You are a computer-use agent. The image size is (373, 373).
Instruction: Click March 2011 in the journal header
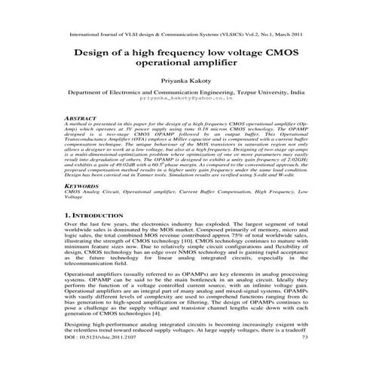(x=289, y=34)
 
